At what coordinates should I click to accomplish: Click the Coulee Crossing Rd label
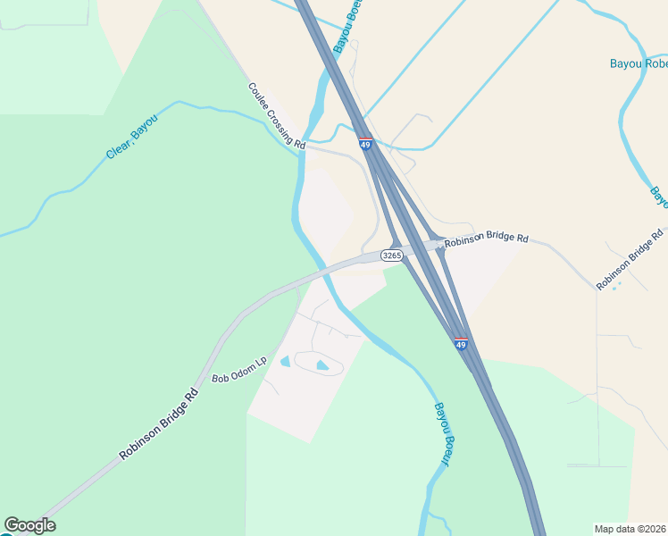pos(277,116)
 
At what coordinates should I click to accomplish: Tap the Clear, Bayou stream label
pos(131,138)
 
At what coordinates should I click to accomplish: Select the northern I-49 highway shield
pos(366,143)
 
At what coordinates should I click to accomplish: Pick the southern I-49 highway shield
pos(460,344)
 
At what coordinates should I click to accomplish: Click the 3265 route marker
pos(391,255)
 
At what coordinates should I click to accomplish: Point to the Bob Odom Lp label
pos(239,371)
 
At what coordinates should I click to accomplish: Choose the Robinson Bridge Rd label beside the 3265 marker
pos(487,239)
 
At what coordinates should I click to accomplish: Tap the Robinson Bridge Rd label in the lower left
pos(158,424)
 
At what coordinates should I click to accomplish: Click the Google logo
pos(29,525)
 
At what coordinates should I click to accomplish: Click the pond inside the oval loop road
pos(321,364)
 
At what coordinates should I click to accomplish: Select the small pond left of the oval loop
pos(285,361)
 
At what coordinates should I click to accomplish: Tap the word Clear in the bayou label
pos(120,148)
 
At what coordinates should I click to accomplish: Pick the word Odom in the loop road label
pos(242,370)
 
